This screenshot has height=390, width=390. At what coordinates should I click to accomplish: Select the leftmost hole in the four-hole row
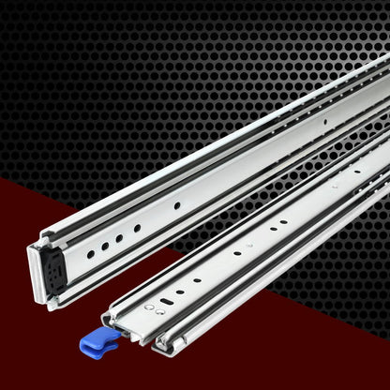click(x=91, y=253)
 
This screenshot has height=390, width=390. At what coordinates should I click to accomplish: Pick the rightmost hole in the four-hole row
click(x=137, y=228)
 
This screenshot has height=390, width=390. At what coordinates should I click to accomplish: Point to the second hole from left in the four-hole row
click(x=105, y=246)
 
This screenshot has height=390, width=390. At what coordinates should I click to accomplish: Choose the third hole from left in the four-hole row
click(x=121, y=236)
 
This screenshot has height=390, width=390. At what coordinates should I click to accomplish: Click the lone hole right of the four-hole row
click(x=176, y=205)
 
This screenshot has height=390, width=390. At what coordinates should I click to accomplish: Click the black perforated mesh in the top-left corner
click(x=56, y=56)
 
